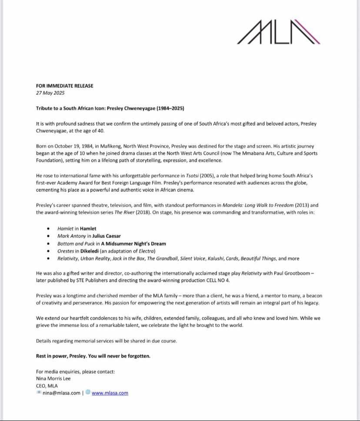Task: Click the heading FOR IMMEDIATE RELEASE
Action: [x=64, y=86]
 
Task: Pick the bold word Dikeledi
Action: [x=93, y=251]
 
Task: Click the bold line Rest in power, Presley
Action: [x=93, y=356]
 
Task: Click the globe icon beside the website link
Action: [x=88, y=392]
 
